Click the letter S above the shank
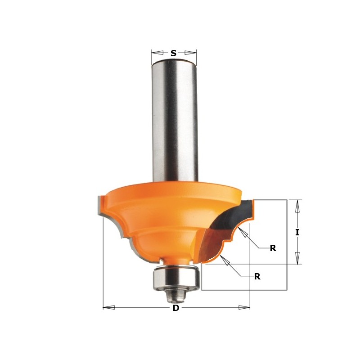pyautogui.click(x=173, y=53)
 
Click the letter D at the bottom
pyautogui.click(x=176, y=308)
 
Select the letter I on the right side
pyautogui.click(x=297, y=232)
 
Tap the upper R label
pyautogui.click(x=273, y=248)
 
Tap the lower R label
pyautogui.click(x=257, y=276)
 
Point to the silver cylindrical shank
pyautogui.click(x=174, y=121)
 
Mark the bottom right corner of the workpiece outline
pyautogui.click(x=287, y=290)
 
